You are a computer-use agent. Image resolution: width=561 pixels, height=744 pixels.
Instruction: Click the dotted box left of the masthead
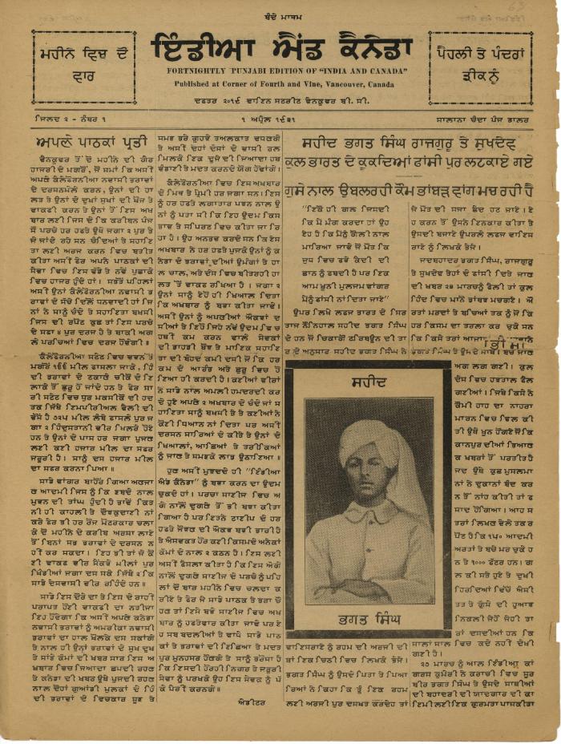pyautogui.click(x=84, y=68)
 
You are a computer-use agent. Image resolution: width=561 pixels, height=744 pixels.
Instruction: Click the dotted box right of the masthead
pyautogui.click(x=480, y=68)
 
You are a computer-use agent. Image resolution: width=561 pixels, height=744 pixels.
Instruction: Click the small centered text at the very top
pyautogui.click(x=281, y=14)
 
